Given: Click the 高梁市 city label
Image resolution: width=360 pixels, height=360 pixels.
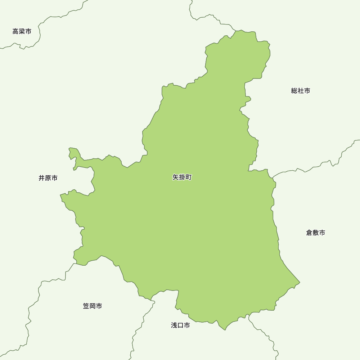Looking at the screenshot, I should [x=22, y=32].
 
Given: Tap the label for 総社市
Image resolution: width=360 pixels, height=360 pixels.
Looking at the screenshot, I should [x=301, y=91].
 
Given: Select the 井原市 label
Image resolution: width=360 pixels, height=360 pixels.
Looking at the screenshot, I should [x=48, y=178].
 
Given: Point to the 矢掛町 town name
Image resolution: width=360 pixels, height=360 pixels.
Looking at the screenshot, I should [x=182, y=177].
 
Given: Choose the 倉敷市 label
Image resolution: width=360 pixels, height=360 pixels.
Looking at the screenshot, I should [x=316, y=233].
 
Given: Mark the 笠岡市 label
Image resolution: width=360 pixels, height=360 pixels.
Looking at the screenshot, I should [x=93, y=306].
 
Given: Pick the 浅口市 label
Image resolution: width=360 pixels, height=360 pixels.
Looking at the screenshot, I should [x=180, y=325].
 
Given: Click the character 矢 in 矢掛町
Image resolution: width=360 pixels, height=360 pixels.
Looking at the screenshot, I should [x=176, y=177].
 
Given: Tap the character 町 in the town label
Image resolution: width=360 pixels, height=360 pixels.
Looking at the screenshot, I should [x=189, y=177].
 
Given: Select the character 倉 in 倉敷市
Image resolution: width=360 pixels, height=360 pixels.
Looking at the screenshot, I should [x=309, y=233].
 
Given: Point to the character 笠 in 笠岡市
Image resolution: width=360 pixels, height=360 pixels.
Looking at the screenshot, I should [x=86, y=306].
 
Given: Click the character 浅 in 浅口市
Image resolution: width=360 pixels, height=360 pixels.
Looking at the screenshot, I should [x=174, y=325].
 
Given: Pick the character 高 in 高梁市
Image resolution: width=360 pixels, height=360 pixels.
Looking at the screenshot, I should [x=15, y=32].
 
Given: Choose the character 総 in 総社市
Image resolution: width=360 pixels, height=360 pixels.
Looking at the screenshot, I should [x=294, y=91].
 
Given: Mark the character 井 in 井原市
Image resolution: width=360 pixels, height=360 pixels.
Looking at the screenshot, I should [x=42, y=178].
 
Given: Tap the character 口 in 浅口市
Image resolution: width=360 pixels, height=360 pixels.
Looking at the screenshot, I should [x=180, y=325].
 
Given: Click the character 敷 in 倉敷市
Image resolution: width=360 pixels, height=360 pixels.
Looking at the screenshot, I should [x=316, y=233].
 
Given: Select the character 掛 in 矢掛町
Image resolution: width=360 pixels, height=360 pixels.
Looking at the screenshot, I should [x=182, y=177].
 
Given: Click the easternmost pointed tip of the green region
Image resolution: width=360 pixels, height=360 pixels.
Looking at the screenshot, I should [x=299, y=282].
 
